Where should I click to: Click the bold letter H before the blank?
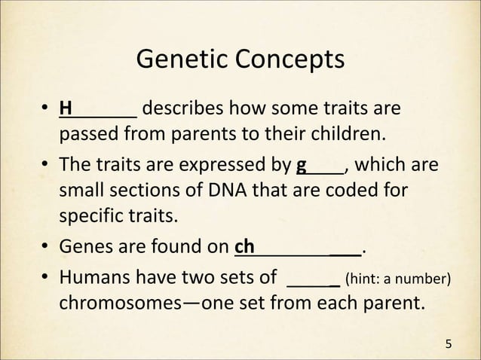[x=66, y=111]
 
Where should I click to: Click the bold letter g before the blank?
[x=302, y=165]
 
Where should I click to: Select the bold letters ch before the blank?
[x=245, y=246]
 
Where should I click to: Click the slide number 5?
[x=450, y=345]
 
